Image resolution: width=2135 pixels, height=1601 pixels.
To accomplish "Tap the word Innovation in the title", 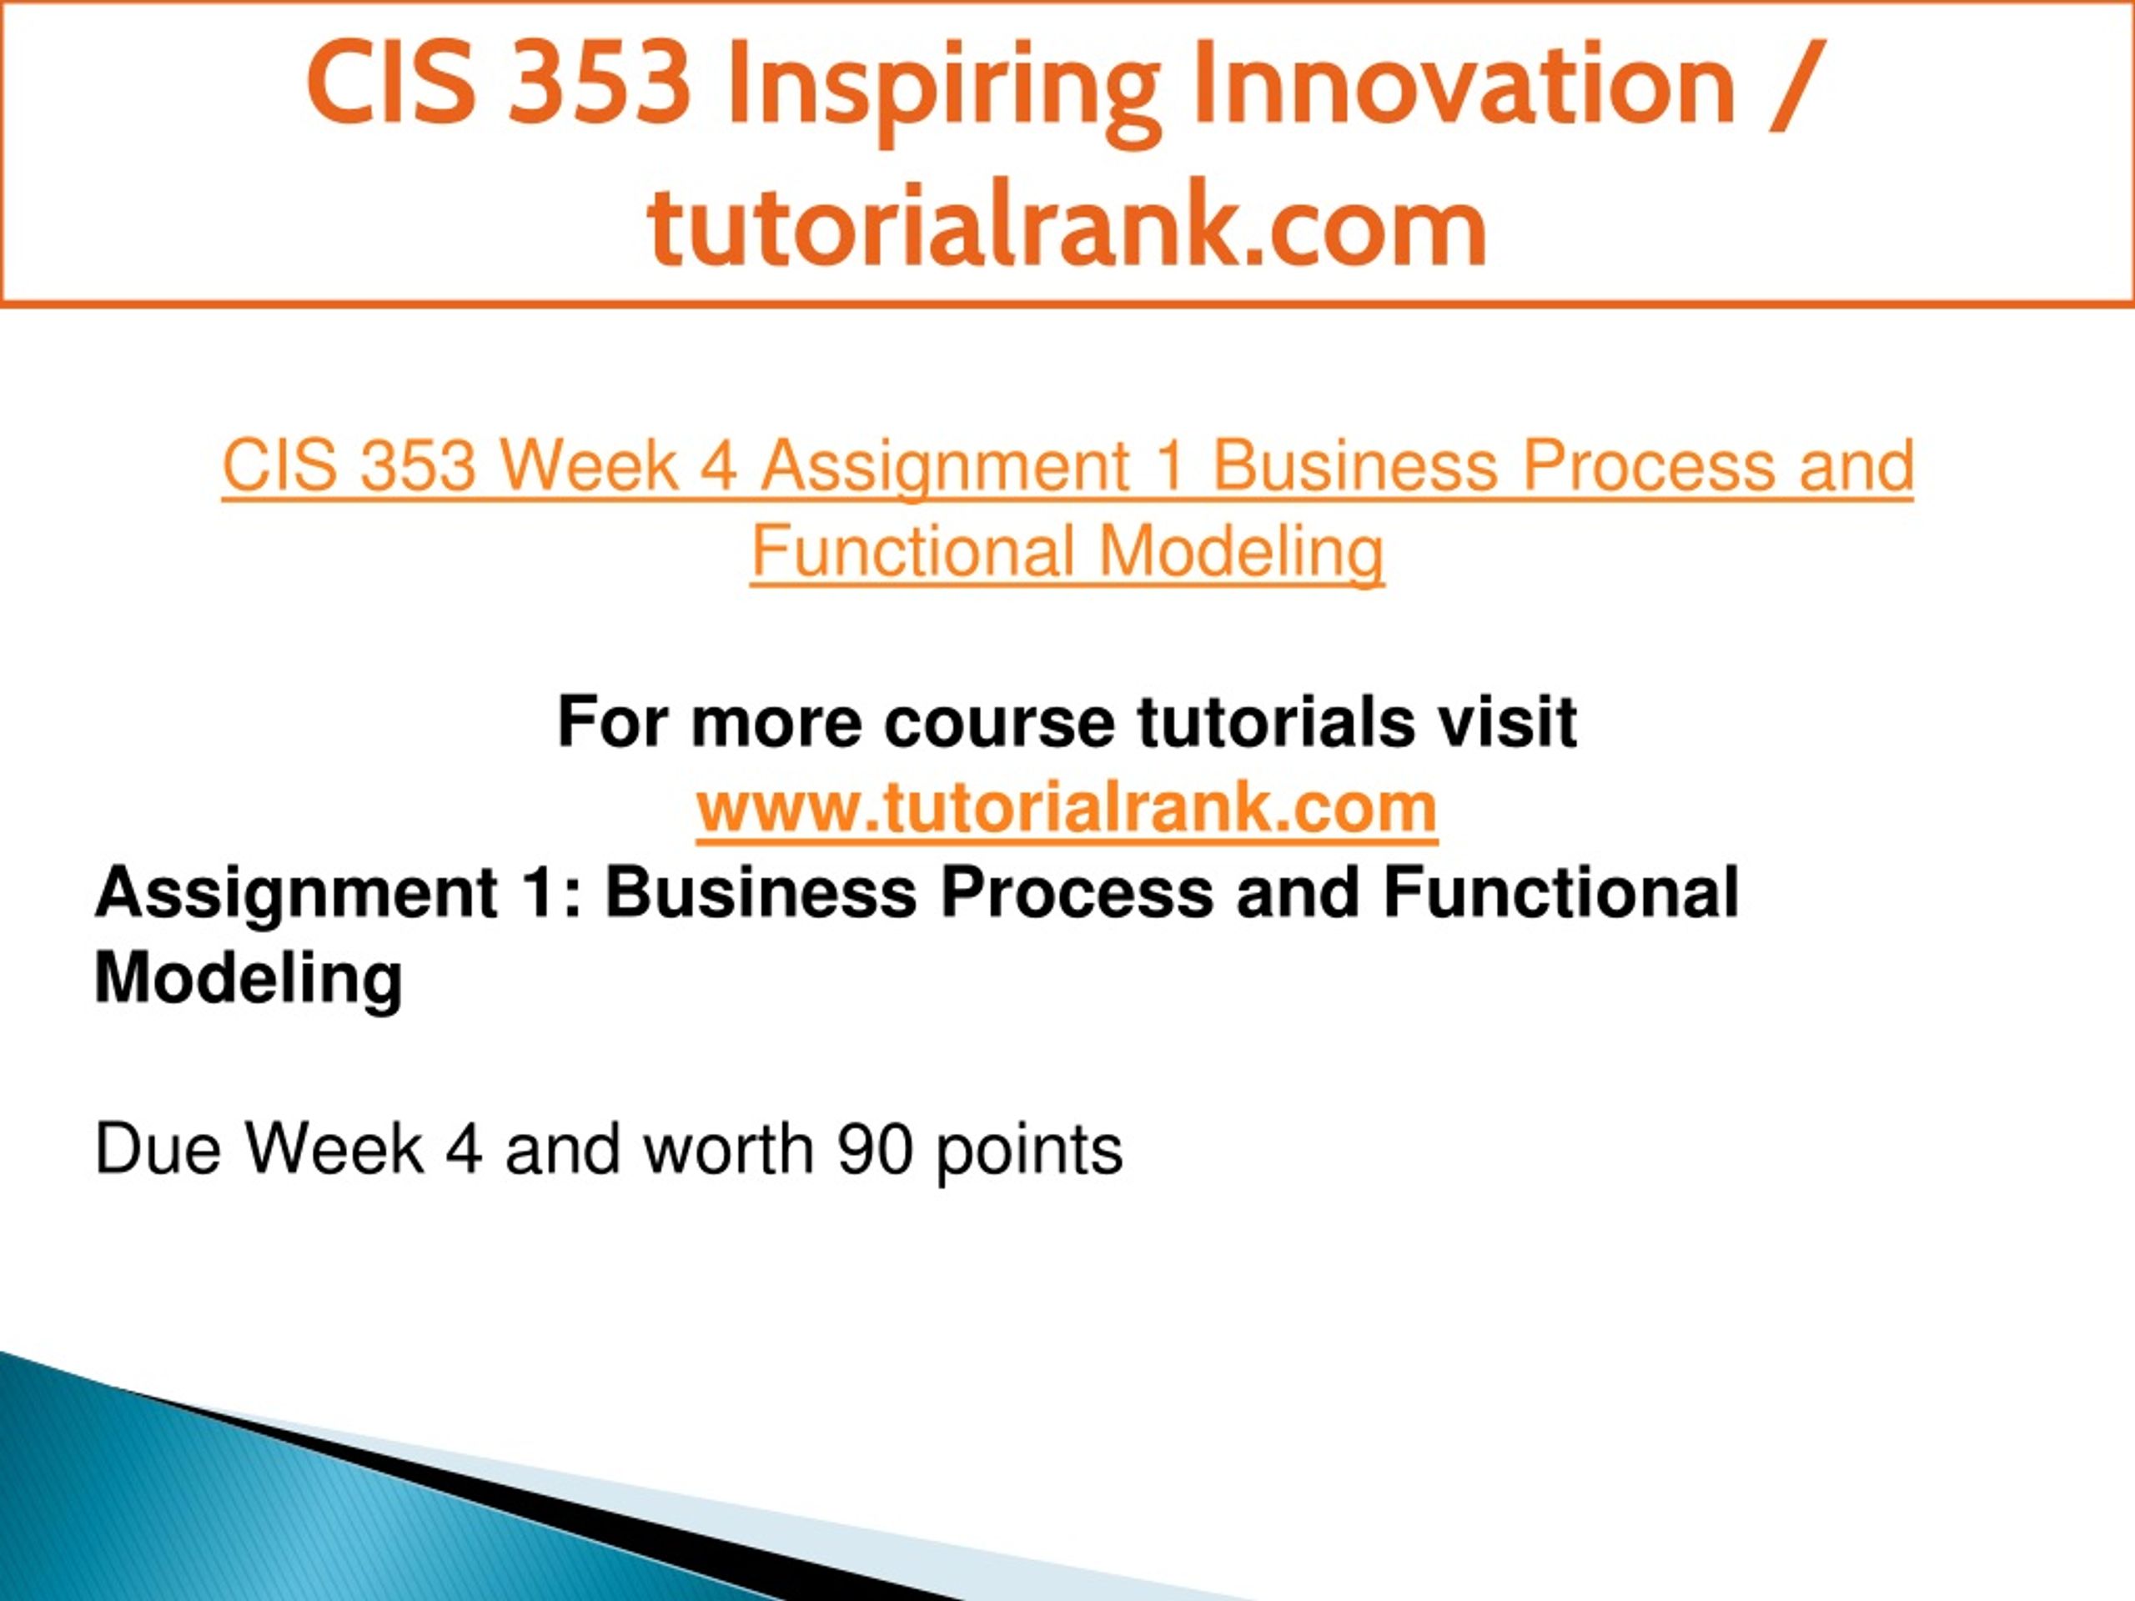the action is click(x=1464, y=85).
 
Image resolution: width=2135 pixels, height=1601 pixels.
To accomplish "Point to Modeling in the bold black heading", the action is click(x=248, y=979).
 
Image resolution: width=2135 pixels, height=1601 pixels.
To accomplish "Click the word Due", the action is click(x=158, y=1149).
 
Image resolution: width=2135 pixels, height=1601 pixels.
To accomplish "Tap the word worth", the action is click(x=729, y=1149).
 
